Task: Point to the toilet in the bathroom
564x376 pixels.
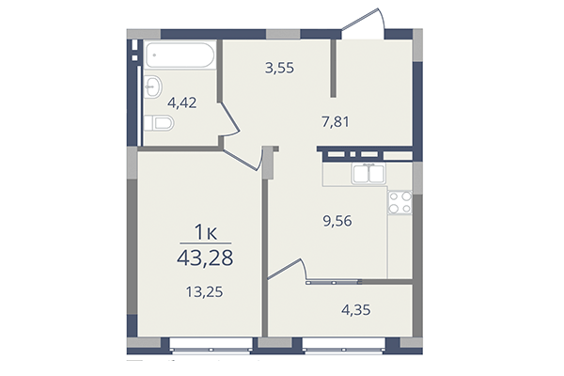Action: pos(160,123)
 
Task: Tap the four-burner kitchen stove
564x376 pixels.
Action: pos(400,201)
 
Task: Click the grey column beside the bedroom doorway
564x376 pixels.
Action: pos(269,164)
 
